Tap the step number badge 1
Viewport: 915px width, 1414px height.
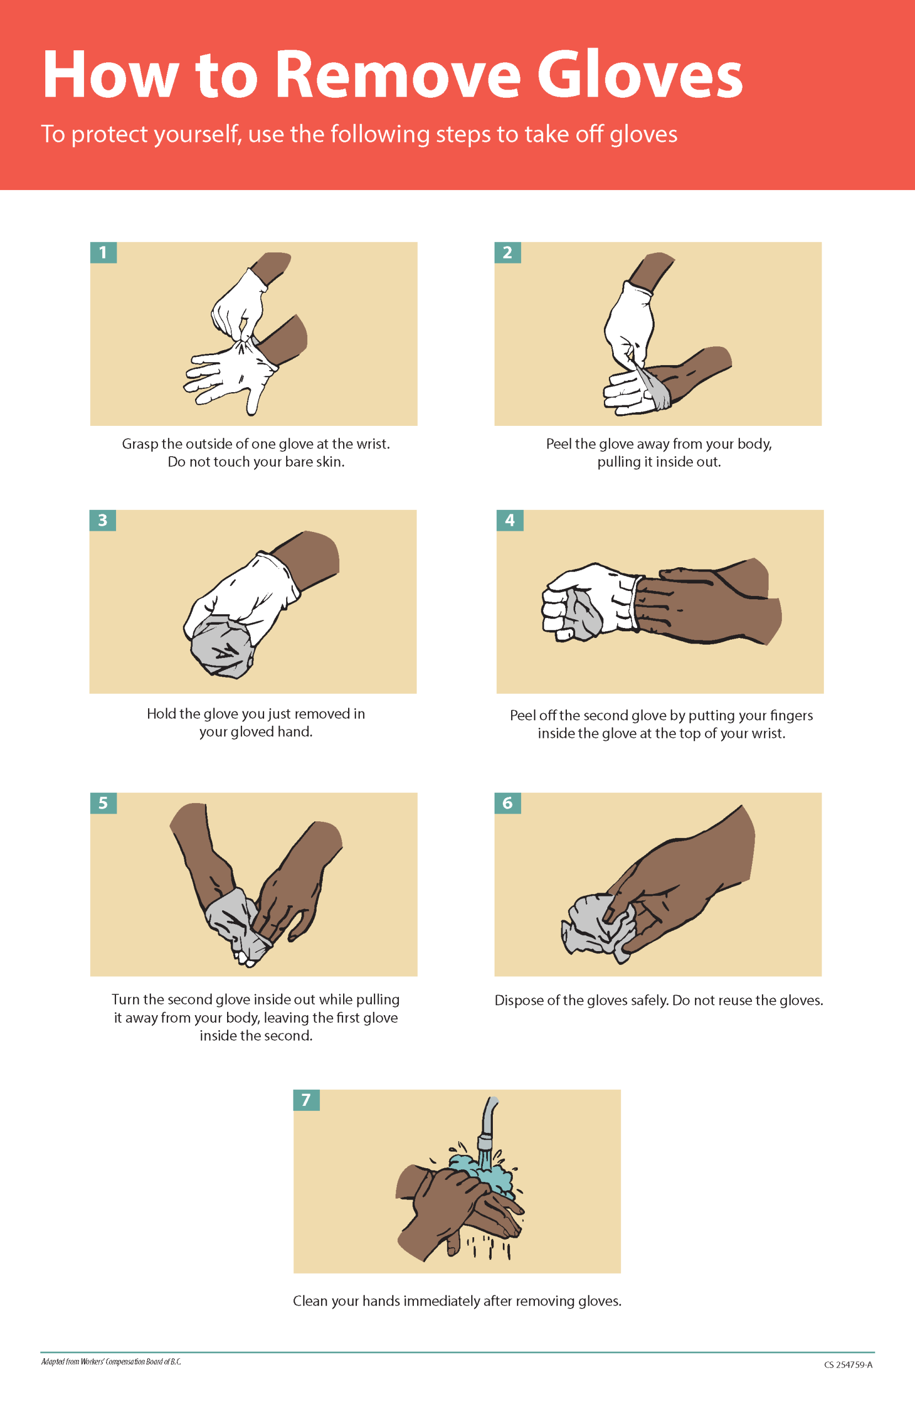(x=103, y=252)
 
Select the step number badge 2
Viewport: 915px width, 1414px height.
(x=507, y=252)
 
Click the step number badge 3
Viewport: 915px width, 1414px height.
(x=102, y=520)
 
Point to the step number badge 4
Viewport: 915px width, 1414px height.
(x=510, y=520)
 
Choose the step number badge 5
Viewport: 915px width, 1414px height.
(x=103, y=803)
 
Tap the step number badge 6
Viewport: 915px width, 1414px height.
(x=507, y=803)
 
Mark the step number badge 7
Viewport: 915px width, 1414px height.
(x=306, y=1100)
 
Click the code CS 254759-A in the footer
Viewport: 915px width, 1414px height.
(x=848, y=1365)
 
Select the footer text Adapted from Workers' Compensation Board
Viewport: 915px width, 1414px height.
(x=111, y=1362)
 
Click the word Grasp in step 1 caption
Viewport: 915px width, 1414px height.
(x=140, y=444)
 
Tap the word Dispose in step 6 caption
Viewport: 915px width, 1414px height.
(x=519, y=1001)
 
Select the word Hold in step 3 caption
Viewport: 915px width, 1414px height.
(x=161, y=713)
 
